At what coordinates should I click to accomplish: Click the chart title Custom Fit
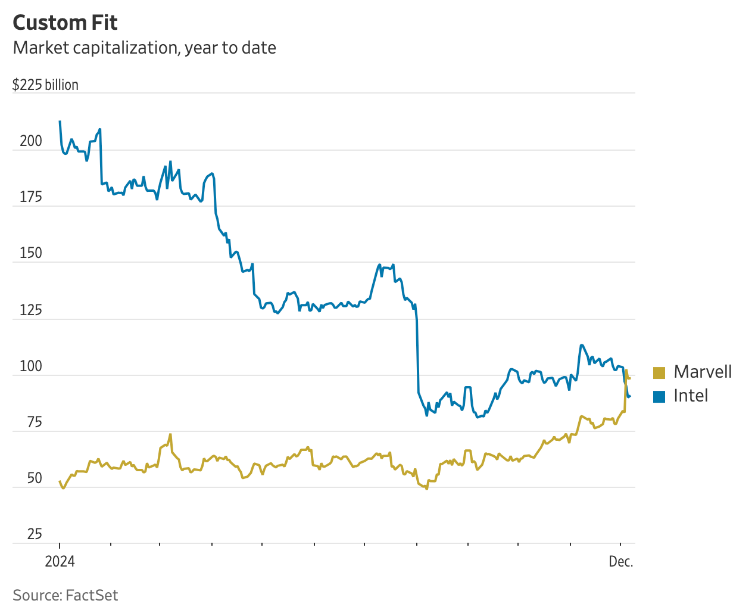(65, 23)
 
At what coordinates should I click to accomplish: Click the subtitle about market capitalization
(144, 48)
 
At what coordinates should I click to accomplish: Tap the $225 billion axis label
(45, 85)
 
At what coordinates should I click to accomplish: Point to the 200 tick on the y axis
(31, 141)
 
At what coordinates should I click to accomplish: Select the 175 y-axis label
(31, 197)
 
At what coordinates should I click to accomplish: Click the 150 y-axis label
(31, 253)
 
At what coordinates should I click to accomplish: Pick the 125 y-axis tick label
(31, 310)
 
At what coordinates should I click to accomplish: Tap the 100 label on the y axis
(31, 366)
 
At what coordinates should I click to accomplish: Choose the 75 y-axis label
(34, 422)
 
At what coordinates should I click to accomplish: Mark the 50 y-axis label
(34, 478)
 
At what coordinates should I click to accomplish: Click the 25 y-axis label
(34, 534)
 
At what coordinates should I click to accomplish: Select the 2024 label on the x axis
(60, 562)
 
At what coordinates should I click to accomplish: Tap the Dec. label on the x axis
(621, 562)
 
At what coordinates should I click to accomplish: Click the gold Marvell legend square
(659, 372)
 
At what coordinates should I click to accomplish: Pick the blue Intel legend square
(659, 396)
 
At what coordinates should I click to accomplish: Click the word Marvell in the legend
(703, 372)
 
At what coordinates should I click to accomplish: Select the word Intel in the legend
(691, 396)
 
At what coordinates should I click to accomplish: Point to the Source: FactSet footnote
(65, 595)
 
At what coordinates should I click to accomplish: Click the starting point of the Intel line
(60, 122)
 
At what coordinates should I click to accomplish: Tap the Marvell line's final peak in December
(626, 370)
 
